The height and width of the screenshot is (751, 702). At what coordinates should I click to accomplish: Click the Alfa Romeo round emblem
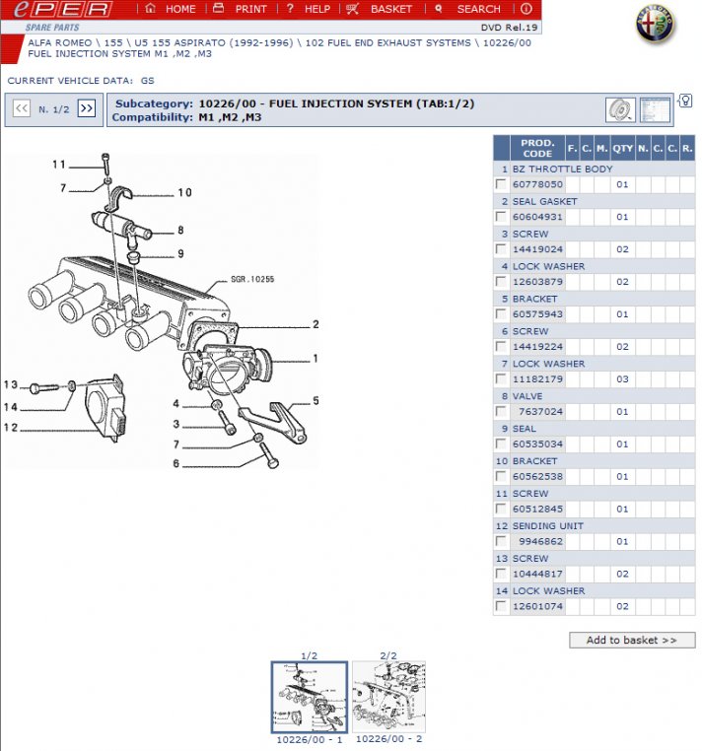point(655,25)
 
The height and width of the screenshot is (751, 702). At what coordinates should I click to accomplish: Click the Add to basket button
point(632,640)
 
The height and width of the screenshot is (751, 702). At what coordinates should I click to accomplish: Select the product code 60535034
point(537,444)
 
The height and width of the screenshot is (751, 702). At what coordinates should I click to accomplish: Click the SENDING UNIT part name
point(548,526)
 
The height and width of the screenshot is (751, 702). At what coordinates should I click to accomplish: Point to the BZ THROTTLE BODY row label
point(562,169)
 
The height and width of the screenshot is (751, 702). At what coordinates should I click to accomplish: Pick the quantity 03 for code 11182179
point(622,379)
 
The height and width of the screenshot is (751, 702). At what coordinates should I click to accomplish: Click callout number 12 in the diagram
point(11,428)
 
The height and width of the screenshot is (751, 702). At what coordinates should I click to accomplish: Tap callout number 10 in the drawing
point(184,192)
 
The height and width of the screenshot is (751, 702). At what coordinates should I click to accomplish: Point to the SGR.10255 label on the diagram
point(252,279)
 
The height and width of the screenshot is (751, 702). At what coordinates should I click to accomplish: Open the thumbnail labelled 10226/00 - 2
point(388,697)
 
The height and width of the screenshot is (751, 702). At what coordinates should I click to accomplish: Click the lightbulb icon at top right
point(685,102)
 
